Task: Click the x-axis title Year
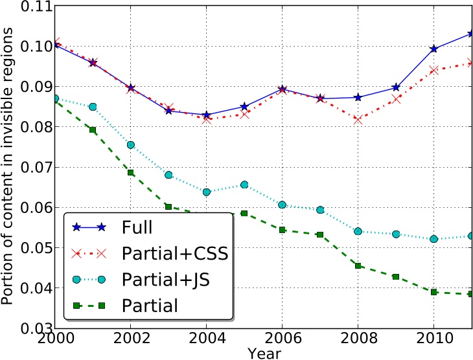point(264,354)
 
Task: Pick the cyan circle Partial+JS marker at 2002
point(131,145)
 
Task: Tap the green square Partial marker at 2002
point(131,173)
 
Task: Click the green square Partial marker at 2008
point(358,265)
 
